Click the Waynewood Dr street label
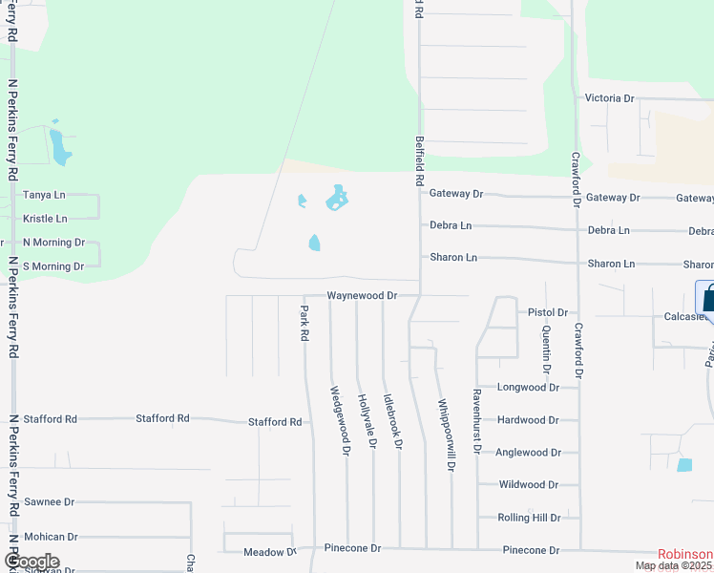[362, 296]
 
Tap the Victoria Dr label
[609, 98]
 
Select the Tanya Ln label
[44, 195]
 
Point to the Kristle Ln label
[45, 219]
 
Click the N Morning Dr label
[53, 243]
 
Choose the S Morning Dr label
[53, 266]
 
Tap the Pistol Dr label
[548, 312]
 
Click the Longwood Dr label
[529, 388]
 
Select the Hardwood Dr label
[528, 420]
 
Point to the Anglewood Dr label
[528, 453]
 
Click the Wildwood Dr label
[528, 485]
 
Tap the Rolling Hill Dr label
[529, 518]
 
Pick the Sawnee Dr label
[50, 501]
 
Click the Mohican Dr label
[51, 537]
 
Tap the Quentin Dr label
[546, 348]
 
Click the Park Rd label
[304, 324]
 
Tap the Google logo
[31, 562]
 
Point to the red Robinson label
[684, 554]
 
